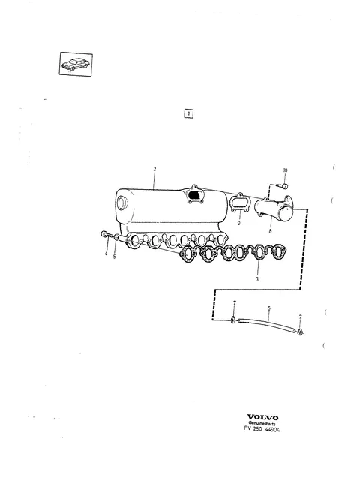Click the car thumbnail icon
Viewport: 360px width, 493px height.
point(76,64)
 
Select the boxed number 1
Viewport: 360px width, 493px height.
point(188,113)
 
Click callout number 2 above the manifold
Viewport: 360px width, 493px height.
point(154,169)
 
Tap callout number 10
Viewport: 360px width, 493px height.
point(285,170)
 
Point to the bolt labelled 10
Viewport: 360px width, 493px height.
point(283,186)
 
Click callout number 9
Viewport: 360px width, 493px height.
point(239,223)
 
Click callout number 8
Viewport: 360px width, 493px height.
point(270,231)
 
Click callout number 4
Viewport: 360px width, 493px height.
point(106,254)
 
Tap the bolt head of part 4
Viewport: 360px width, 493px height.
point(104,234)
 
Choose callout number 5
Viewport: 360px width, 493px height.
point(114,257)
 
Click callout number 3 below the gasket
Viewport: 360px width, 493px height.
point(257,279)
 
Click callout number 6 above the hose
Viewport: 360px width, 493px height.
point(269,308)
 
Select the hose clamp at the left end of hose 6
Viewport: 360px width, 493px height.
point(233,320)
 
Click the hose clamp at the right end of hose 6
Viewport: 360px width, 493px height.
point(301,332)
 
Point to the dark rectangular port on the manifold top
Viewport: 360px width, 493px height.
point(195,195)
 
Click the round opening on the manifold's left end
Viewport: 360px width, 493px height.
point(121,203)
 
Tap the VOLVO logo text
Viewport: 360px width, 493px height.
point(262,417)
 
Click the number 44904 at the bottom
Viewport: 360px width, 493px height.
point(273,429)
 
